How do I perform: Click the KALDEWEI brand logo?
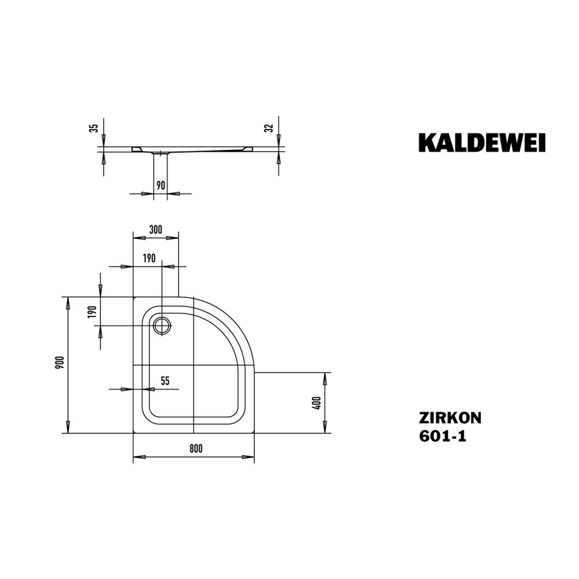pyautogui.click(x=482, y=143)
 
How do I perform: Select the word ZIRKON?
pyautogui.click(x=450, y=418)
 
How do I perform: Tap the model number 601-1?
pyautogui.click(x=442, y=436)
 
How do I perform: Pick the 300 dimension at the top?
pyautogui.click(x=155, y=230)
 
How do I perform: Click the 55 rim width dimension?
pyautogui.click(x=165, y=381)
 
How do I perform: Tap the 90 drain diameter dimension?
pyautogui.click(x=161, y=185)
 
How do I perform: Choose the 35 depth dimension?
pyautogui.click(x=95, y=128)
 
